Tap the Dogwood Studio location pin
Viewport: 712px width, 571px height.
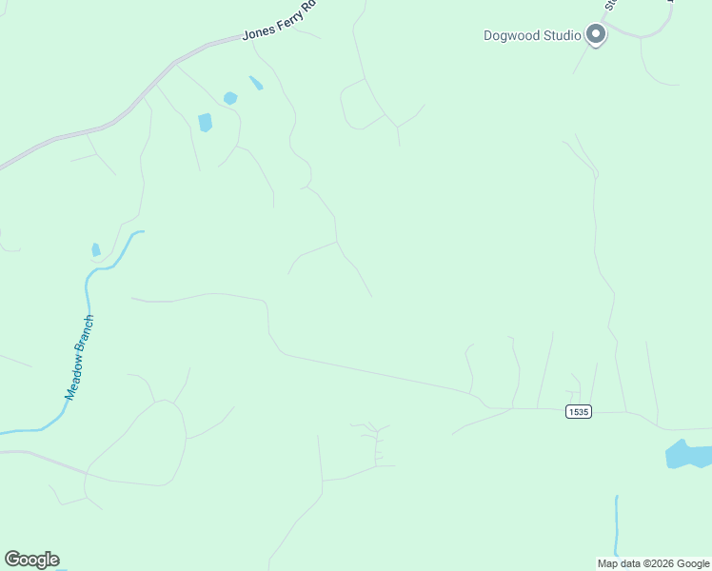coord(596,36)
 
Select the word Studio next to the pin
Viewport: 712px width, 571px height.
coord(563,36)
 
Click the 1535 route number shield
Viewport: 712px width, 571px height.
coord(578,411)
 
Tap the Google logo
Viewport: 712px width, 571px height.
coord(31,560)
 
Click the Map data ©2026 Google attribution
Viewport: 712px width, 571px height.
coord(654,563)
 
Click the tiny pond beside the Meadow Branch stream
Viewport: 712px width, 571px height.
coord(95,250)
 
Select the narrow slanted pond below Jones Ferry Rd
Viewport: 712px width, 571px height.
coord(256,83)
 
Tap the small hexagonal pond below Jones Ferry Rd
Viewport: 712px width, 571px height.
coord(229,98)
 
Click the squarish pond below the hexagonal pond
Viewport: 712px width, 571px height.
coord(205,122)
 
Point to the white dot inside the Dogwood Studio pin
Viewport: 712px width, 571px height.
coord(596,33)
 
